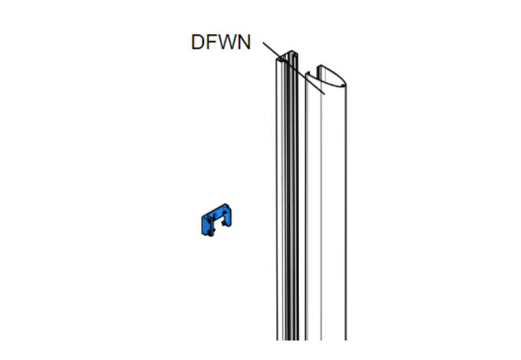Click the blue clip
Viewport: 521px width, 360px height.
(215, 221)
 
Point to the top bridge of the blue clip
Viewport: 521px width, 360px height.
(215, 210)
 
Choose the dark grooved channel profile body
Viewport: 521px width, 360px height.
(289, 208)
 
